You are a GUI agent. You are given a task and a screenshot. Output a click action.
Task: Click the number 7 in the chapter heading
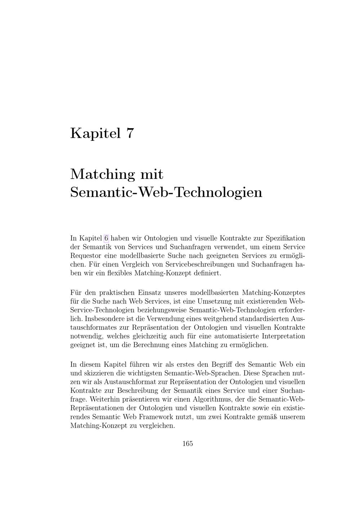point(130,133)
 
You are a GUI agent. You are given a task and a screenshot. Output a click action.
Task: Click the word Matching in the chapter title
point(102,175)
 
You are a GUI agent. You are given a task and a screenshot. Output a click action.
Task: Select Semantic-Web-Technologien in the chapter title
point(166,192)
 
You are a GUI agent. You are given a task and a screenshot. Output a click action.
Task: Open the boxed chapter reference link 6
point(106,238)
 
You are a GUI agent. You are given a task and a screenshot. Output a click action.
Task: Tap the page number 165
point(188,443)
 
